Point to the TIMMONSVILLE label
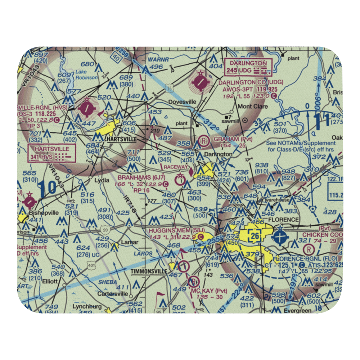pyautogui.click(x=149, y=271)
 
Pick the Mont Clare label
pyautogui.click(x=253, y=107)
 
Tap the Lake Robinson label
pyautogui.click(x=86, y=75)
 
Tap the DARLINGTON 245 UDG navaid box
pyautogui.click(x=248, y=67)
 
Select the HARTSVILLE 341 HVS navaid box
pyautogui.click(x=52, y=153)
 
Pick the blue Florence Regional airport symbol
pyautogui.click(x=279, y=238)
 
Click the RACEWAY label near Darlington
pyautogui.click(x=176, y=167)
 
